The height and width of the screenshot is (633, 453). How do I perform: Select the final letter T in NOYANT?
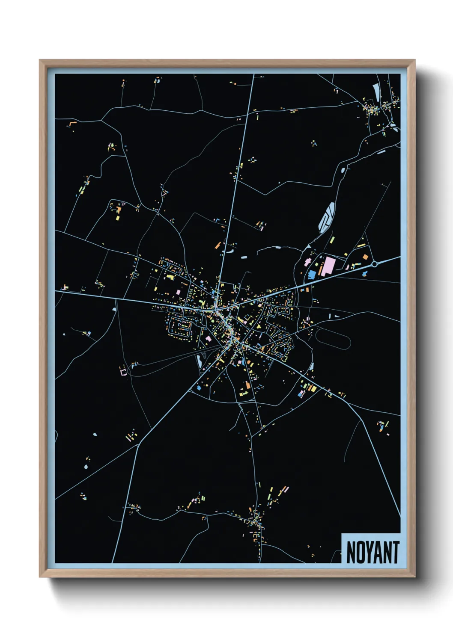(396, 553)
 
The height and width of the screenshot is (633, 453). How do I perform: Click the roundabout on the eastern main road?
(374, 264)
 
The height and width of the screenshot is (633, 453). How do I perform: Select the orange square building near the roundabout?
(365, 257)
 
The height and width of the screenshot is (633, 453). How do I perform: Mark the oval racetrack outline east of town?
(333, 339)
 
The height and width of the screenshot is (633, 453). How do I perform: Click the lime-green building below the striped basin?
(332, 240)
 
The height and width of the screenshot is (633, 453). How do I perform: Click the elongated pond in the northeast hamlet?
(376, 91)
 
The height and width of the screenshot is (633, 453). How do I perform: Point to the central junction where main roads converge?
(217, 308)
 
